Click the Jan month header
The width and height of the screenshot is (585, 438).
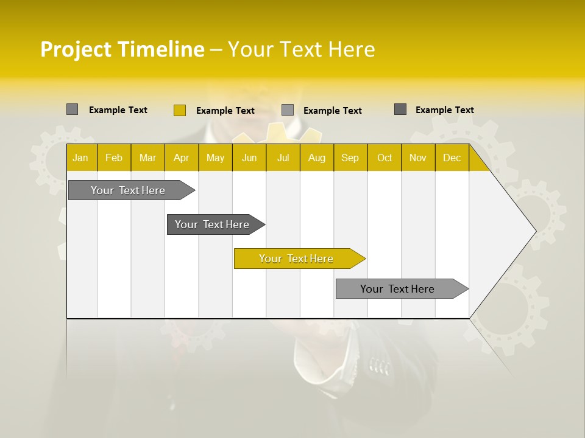tap(80, 158)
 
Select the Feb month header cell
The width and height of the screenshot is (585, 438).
tap(114, 158)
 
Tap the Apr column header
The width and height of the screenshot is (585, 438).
tap(181, 158)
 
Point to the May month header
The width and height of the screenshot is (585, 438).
tap(215, 158)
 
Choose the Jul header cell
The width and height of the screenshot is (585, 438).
tap(283, 158)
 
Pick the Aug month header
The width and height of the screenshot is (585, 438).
tap(316, 158)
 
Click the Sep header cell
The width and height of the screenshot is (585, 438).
tap(350, 158)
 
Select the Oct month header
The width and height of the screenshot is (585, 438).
tap(385, 158)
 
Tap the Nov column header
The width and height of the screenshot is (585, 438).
tap(418, 158)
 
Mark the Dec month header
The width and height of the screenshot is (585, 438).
tap(452, 158)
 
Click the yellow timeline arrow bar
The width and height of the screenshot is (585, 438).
tap(296, 259)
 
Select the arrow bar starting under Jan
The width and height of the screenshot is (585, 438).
tap(128, 190)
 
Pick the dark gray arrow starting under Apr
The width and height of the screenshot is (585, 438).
tap(212, 224)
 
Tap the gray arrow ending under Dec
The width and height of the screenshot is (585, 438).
tap(397, 289)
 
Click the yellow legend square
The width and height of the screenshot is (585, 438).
tap(179, 110)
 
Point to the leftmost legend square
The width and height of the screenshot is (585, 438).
tap(72, 109)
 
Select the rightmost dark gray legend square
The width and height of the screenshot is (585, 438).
tap(400, 109)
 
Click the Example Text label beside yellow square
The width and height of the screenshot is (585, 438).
tap(225, 111)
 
